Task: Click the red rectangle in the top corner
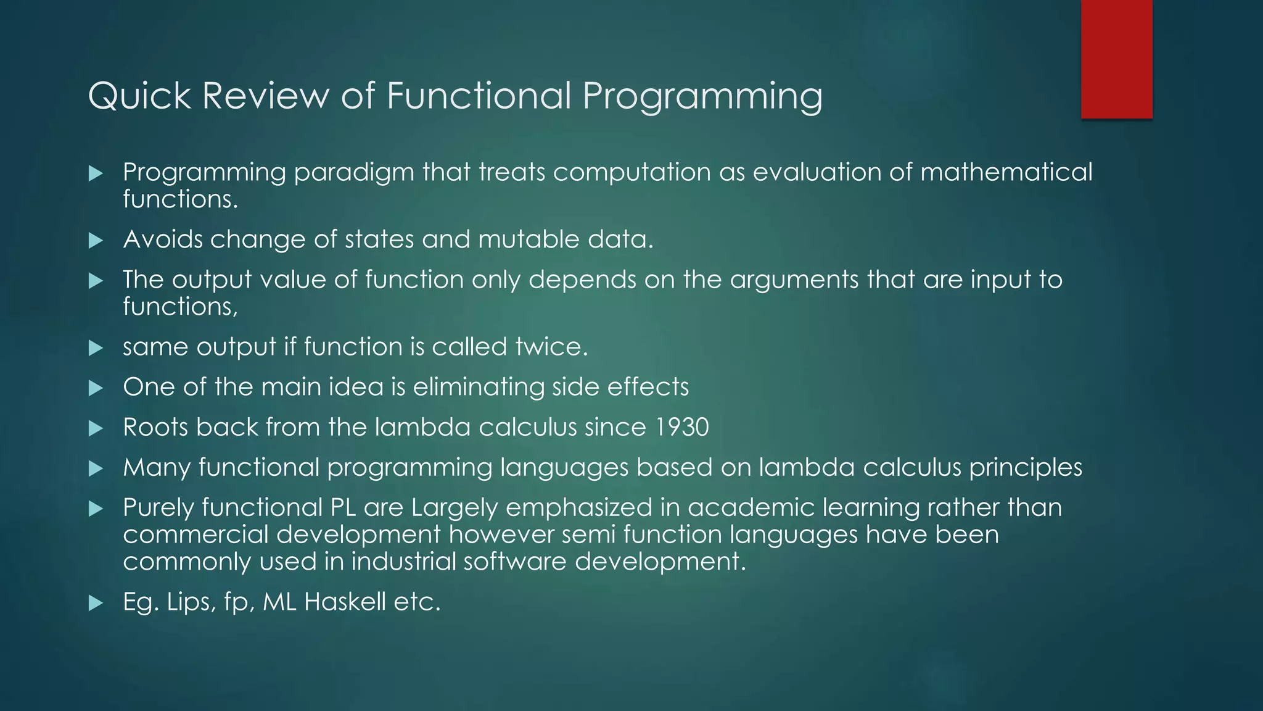point(1116,59)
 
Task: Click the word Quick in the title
point(140,96)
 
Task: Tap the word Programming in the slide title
point(702,96)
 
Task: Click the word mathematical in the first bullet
point(1006,172)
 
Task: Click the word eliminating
point(478,387)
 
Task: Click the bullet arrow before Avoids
point(96,241)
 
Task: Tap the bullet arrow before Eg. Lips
point(96,603)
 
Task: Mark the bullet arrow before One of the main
point(96,388)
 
